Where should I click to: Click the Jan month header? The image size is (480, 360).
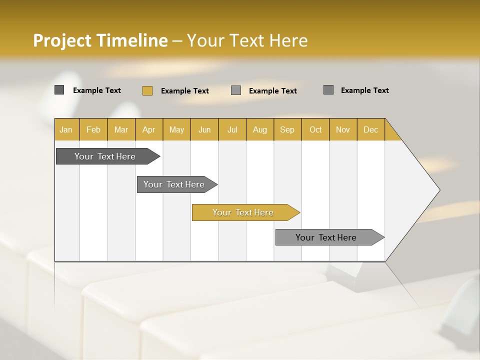pyautogui.click(x=66, y=129)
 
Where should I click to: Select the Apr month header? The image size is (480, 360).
pyautogui.click(x=148, y=129)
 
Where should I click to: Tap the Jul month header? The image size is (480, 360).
pyautogui.click(x=232, y=129)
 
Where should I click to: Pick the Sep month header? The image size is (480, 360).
pyautogui.click(x=287, y=129)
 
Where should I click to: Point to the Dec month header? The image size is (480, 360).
pyautogui.click(x=370, y=129)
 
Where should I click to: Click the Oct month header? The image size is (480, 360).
pyautogui.click(x=315, y=129)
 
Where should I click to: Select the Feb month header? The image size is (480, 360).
pyautogui.click(x=93, y=129)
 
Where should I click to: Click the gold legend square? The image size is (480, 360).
pyautogui.click(x=147, y=90)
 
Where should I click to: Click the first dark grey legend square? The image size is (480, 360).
pyautogui.click(x=59, y=90)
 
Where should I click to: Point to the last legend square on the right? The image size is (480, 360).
pyautogui.click(x=328, y=90)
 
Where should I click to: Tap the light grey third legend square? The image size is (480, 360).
pyautogui.click(x=236, y=90)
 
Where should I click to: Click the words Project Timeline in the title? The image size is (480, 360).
pyautogui.click(x=100, y=40)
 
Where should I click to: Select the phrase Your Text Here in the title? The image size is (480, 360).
pyautogui.click(x=247, y=40)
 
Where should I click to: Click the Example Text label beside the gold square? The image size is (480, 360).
pyautogui.click(x=185, y=91)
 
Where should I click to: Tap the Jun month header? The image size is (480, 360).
pyautogui.click(x=204, y=129)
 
